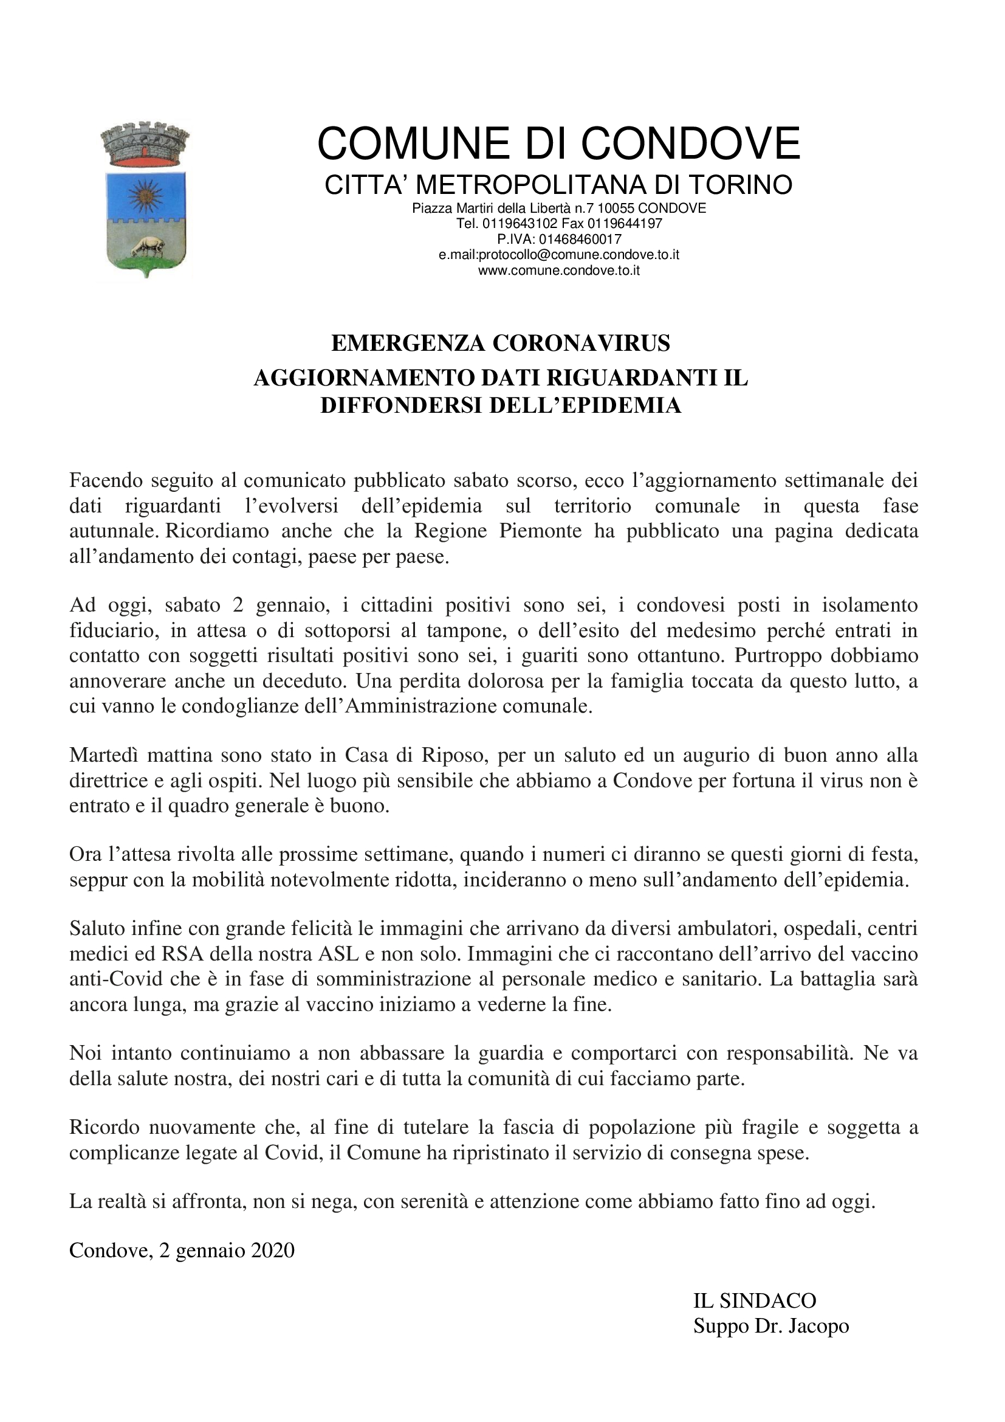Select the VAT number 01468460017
(580, 239)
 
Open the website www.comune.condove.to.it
(559, 270)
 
